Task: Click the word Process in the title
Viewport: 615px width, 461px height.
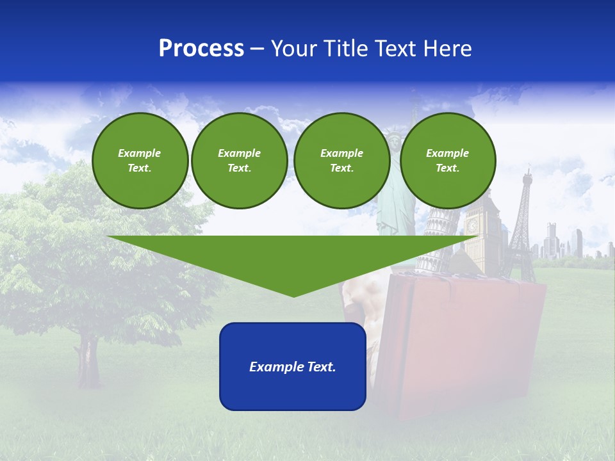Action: coord(201,49)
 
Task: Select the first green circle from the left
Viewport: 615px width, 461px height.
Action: coord(140,161)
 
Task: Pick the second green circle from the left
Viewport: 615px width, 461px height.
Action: coord(239,161)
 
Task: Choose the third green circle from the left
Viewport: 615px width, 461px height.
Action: coord(341,161)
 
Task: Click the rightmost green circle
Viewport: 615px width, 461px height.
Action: coord(447,161)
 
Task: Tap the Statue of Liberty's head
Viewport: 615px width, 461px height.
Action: coord(391,136)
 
